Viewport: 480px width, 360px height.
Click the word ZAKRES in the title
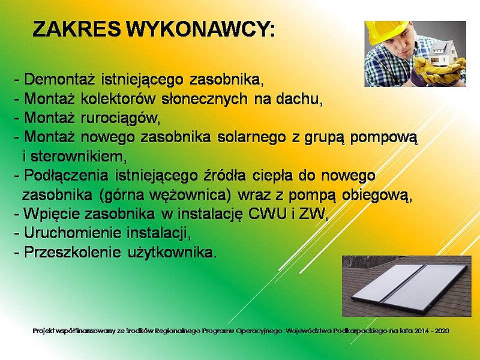click(x=76, y=29)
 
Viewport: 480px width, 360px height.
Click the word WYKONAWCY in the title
click(x=198, y=29)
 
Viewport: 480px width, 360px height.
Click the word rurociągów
click(x=119, y=118)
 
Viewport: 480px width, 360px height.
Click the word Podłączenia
click(x=66, y=176)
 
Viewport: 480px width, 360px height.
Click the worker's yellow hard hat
click(x=385, y=31)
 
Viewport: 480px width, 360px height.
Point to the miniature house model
click(x=443, y=53)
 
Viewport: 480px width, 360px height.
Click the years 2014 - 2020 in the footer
click(x=431, y=331)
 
